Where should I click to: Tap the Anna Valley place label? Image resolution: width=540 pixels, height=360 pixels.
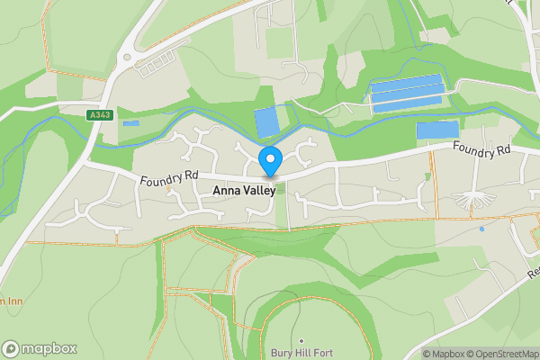(246, 191)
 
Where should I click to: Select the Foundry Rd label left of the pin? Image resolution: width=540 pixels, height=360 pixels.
(168, 180)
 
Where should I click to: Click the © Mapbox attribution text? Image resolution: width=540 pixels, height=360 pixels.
(446, 354)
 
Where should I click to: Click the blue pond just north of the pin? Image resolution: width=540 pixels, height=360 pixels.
(267, 121)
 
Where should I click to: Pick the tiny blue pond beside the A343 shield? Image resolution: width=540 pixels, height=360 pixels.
(131, 123)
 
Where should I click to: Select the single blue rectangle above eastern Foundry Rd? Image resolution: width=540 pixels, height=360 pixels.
(436, 130)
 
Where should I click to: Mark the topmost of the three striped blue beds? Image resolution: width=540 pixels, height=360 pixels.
(408, 82)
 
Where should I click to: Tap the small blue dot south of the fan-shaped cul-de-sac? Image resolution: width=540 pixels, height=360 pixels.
(481, 229)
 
